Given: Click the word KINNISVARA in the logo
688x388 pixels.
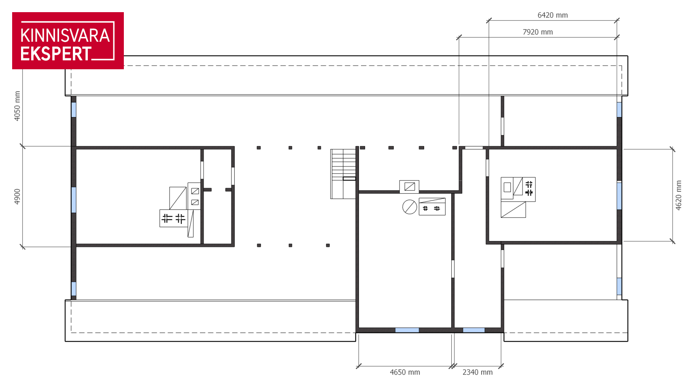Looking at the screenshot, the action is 65,35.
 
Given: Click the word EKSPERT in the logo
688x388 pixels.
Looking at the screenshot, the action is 56,54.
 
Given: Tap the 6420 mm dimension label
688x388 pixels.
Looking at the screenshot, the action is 552,15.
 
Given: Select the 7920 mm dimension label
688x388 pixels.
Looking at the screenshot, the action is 537,32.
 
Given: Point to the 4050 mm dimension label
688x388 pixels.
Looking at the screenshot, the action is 17,106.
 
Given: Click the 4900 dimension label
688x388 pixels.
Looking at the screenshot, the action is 17,196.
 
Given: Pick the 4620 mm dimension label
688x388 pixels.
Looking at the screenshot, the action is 678,195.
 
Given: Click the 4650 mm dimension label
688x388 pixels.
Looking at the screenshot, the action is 405,372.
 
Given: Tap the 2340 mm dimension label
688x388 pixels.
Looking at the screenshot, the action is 477,372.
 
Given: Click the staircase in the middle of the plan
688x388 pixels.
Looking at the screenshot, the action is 343,174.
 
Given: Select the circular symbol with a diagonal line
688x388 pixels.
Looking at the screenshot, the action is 410,207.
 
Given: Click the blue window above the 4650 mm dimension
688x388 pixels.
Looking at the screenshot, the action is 407,330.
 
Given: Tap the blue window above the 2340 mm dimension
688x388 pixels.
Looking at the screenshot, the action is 474,330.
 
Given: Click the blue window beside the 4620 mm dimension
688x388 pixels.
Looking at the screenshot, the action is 619,196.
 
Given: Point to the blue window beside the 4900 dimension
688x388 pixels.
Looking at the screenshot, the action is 74,200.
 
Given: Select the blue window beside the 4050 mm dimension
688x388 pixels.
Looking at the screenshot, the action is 74,110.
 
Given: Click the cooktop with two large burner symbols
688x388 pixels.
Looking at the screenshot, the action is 174,219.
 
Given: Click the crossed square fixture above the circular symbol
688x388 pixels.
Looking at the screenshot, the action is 410,187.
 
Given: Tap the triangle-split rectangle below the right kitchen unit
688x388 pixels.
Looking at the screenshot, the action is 513,210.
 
